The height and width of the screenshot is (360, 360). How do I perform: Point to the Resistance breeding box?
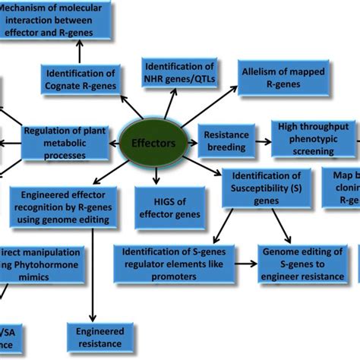tap(226, 141)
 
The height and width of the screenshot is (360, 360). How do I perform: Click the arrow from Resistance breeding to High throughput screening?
tap(261, 141)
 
